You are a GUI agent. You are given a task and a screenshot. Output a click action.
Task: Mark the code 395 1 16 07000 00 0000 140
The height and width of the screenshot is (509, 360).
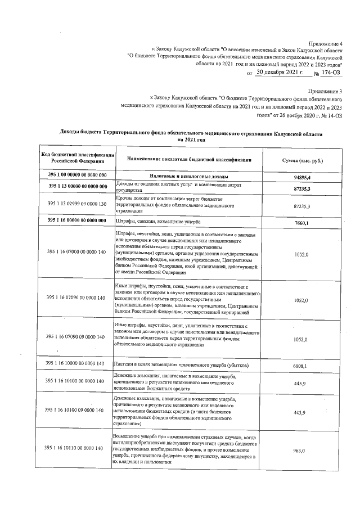click(77, 254)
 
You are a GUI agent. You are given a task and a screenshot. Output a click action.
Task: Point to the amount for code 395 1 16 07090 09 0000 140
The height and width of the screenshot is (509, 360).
click(301, 340)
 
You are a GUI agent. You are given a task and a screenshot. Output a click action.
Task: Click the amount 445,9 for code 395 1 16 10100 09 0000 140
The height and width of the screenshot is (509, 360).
click(301, 413)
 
